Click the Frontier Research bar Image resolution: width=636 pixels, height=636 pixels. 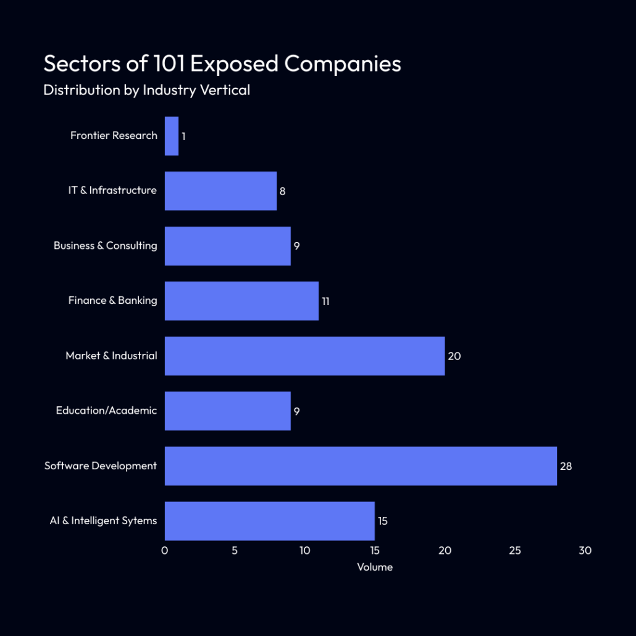(x=172, y=136)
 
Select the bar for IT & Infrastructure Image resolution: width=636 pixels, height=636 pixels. (x=220, y=191)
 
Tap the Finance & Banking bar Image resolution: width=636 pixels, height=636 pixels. (x=241, y=301)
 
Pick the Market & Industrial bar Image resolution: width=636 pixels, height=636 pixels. (x=304, y=356)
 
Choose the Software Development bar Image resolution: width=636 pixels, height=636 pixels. (x=361, y=466)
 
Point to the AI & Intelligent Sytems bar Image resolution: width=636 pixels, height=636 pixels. (x=269, y=521)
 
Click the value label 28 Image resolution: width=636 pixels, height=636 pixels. (x=566, y=466)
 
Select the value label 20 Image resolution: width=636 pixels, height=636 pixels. (x=454, y=356)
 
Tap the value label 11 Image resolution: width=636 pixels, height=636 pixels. (x=325, y=301)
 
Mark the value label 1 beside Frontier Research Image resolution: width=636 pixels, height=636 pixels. (x=183, y=136)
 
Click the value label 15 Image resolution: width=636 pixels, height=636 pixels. (x=382, y=521)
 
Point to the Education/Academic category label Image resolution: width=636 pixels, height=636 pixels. (x=106, y=411)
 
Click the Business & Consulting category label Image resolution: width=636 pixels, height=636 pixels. (x=105, y=246)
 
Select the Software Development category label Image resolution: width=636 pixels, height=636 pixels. (x=101, y=466)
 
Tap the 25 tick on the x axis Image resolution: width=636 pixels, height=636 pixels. (x=515, y=551)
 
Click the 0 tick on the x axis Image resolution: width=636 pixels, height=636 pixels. (x=165, y=551)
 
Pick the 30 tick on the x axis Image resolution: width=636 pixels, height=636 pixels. (x=585, y=551)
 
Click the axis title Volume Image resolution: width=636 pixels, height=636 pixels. (x=375, y=567)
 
